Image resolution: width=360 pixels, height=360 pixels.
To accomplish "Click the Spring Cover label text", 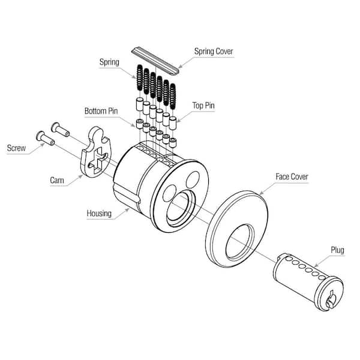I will tap(213, 52).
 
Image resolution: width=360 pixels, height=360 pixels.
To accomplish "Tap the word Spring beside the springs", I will tap(110, 62).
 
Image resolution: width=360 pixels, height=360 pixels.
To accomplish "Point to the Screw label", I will tap(16, 148).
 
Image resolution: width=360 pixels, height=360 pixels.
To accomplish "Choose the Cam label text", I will tap(58, 178).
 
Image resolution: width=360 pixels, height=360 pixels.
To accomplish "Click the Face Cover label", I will tap(292, 177).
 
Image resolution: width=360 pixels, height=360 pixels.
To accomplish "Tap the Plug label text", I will tap(337, 249).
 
